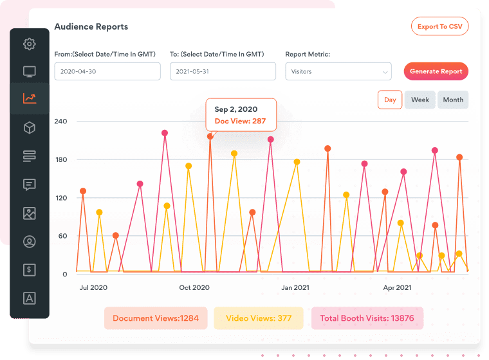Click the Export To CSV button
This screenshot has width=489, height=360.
[x=440, y=26]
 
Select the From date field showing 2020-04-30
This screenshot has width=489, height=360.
[x=107, y=71]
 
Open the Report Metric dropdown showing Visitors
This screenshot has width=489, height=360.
[x=338, y=71]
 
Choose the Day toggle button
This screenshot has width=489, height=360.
[x=390, y=100]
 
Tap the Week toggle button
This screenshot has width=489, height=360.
[x=420, y=100]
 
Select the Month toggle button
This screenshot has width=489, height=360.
[x=453, y=100]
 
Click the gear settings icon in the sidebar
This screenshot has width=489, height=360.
[x=30, y=44]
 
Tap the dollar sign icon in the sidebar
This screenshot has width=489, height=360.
[x=30, y=270]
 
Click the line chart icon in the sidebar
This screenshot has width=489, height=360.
[x=30, y=98]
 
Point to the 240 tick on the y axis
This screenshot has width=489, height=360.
[x=61, y=121]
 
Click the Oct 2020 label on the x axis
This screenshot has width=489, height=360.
[x=194, y=287]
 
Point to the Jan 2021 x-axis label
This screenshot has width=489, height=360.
[x=295, y=287]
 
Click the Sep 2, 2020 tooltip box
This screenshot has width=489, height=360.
[x=241, y=115]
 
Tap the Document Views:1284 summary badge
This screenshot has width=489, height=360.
[x=156, y=318]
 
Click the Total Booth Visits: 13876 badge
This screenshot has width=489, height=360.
[x=367, y=318]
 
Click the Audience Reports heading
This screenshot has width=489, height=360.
[x=91, y=27]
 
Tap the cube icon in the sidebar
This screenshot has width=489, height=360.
[x=30, y=128]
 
